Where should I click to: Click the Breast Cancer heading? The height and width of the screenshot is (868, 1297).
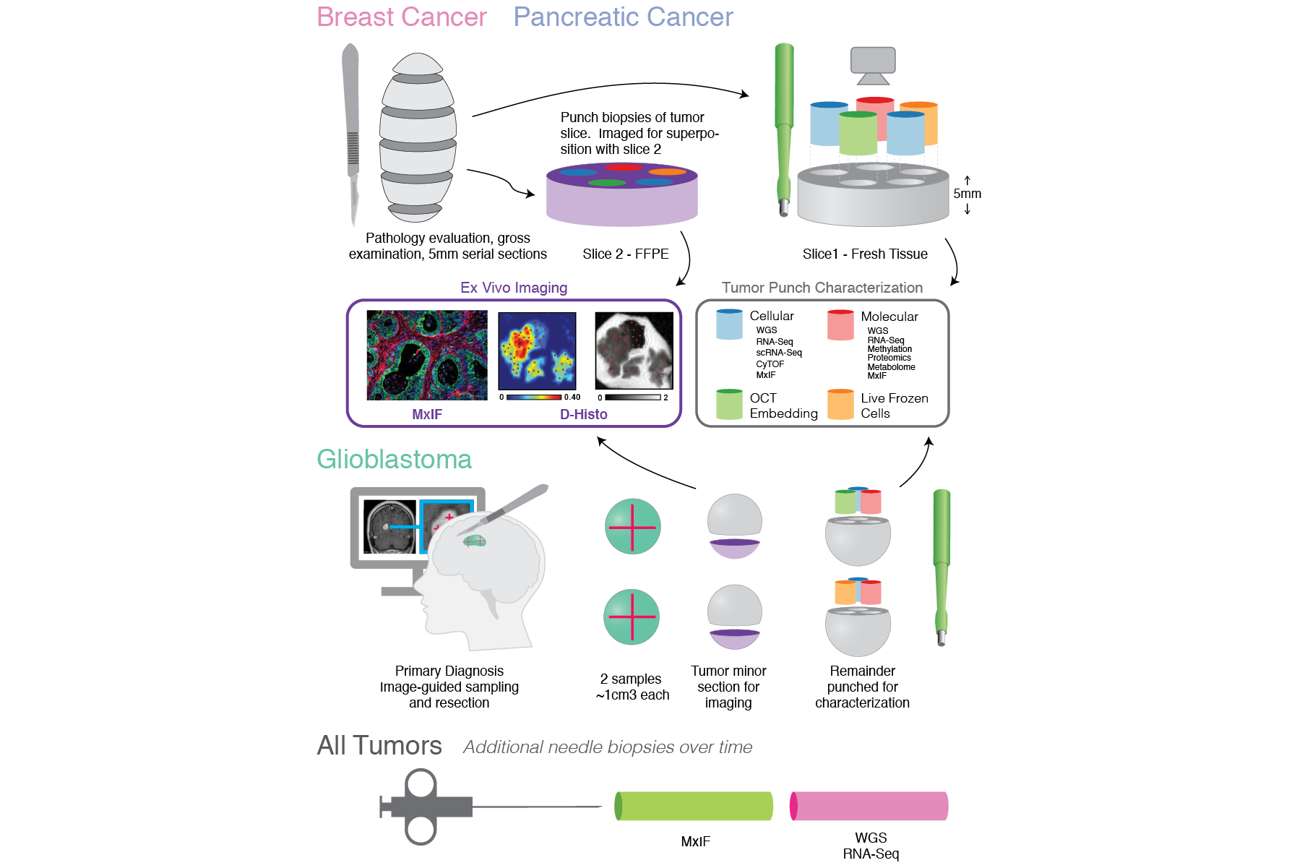pyautogui.click(x=402, y=17)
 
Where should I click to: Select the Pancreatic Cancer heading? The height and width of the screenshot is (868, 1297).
pyautogui.click(x=623, y=17)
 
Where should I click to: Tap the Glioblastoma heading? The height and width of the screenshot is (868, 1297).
pyautogui.click(x=394, y=460)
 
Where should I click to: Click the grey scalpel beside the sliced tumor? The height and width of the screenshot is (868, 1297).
pyautogui.click(x=352, y=130)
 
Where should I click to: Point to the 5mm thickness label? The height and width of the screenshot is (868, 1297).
pyautogui.click(x=967, y=194)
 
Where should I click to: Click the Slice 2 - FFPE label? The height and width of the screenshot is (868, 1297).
pyautogui.click(x=626, y=254)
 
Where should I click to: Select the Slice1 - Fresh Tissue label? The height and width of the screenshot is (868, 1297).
pyautogui.click(x=865, y=254)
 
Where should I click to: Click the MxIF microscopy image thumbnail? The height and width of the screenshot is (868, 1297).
pyautogui.click(x=427, y=355)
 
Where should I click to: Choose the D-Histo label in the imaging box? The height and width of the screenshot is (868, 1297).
pyautogui.click(x=584, y=414)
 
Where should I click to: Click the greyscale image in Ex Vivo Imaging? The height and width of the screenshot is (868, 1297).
pyautogui.click(x=634, y=351)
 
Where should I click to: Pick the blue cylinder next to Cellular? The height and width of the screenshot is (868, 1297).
pyautogui.click(x=729, y=325)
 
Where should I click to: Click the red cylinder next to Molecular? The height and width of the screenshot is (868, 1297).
pyautogui.click(x=840, y=325)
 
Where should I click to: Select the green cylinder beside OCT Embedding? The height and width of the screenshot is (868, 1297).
pyautogui.click(x=729, y=405)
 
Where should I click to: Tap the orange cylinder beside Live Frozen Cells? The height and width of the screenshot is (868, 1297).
pyautogui.click(x=840, y=405)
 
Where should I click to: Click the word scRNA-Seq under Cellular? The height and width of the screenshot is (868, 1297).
pyautogui.click(x=779, y=353)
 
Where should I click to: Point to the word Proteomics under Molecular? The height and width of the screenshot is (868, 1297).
pyautogui.click(x=889, y=358)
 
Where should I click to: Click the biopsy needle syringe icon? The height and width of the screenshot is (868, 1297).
pyautogui.click(x=426, y=807)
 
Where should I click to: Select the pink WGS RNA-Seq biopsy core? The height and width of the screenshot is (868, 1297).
pyautogui.click(x=869, y=807)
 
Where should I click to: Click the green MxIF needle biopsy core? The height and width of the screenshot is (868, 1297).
pyautogui.click(x=694, y=807)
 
